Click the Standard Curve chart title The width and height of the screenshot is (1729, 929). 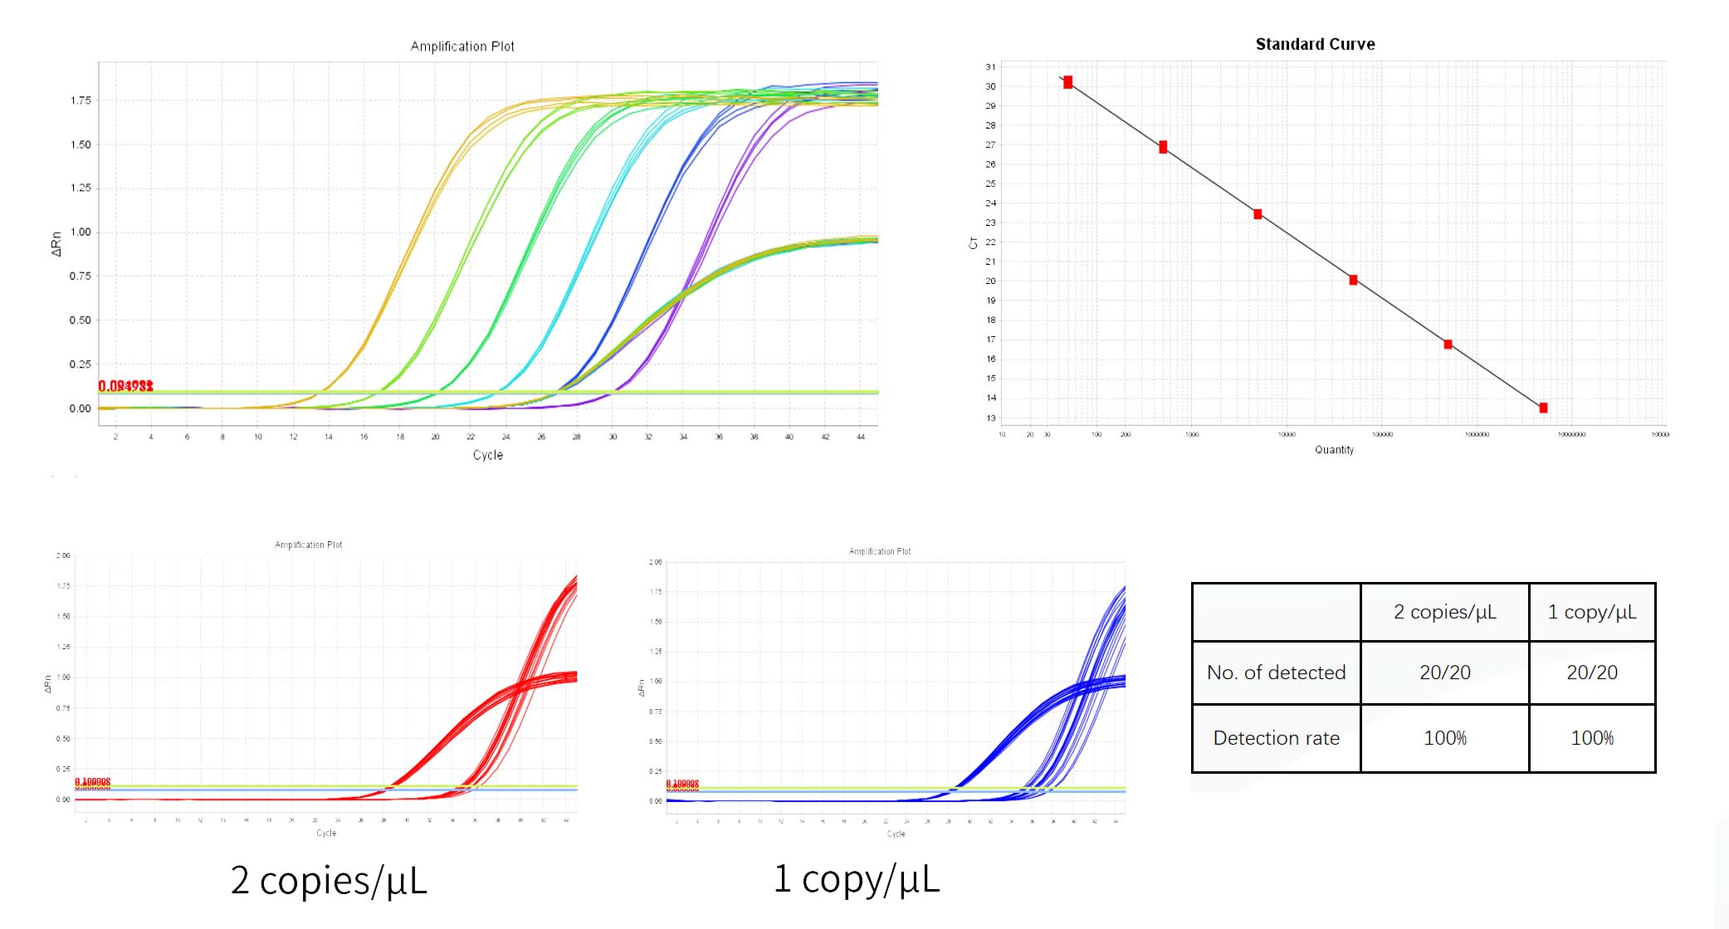click(1315, 44)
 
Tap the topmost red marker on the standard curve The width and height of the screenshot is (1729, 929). click(1067, 82)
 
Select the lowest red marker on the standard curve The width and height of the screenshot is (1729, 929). click(1543, 408)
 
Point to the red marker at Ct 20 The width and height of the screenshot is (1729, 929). click(1353, 281)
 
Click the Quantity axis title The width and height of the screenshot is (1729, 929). click(1334, 450)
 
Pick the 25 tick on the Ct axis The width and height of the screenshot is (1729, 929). click(990, 183)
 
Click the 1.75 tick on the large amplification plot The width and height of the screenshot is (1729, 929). click(81, 100)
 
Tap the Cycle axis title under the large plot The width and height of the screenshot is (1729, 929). click(487, 455)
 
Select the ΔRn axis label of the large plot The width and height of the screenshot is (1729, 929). click(56, 243)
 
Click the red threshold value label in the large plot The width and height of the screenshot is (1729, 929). click(125, 386)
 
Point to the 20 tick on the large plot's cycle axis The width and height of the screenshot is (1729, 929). click(435, 437)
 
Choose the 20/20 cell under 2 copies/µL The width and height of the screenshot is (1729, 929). click(1444, 672)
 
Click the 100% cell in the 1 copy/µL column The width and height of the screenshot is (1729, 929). click(1591, 738)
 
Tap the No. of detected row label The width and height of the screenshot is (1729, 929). click(1276, 672)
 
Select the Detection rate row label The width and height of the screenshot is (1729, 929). click(1276, 738)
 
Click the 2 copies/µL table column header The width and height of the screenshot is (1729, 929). click(1444, 612)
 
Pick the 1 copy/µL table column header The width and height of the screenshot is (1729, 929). click(1591, 612)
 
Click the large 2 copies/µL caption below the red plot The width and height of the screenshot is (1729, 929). click(329, 880)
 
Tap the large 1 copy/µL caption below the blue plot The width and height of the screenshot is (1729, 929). click(856, 878)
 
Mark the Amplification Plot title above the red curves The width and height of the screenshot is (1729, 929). click(308, 545)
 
